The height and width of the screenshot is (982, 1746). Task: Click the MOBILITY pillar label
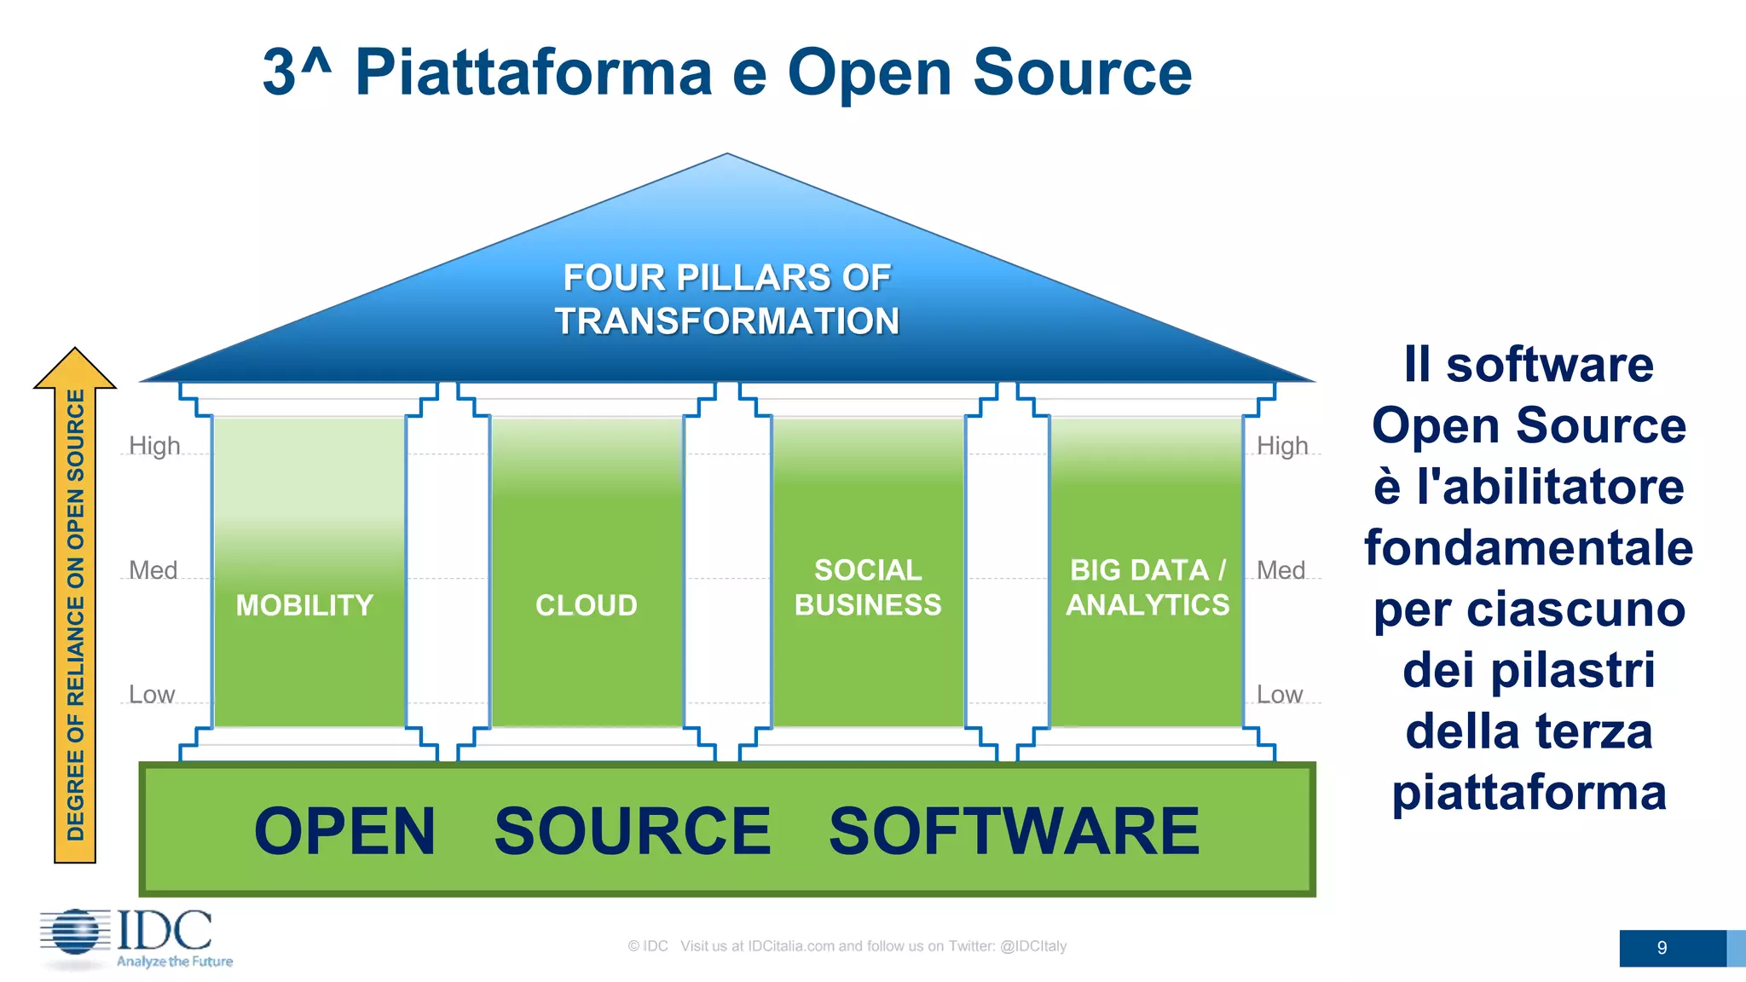pyautogui.click(x=304, y=605)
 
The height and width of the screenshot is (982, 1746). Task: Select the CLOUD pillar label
pyautogui.click(x=586, y=605)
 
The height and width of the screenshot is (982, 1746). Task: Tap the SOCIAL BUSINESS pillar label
pyautogui.click(x=868, y=587)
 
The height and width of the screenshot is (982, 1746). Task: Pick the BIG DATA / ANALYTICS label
pyautogui.click(x=1148, y=587)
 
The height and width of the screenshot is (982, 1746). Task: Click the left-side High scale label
pyautogui.click(x=154, y=446)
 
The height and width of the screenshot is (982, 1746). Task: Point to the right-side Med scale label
pyautogui.click(x=1281, y=570)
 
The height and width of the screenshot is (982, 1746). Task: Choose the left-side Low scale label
pyautogui.click(x=152, y=695)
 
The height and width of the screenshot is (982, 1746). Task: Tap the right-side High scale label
pyautogui.click(x=1282, y=446)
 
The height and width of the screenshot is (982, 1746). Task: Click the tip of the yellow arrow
pyautogui.click(x=75, y=352)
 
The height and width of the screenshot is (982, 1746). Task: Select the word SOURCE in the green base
pyautogui.click(x=632, y=832)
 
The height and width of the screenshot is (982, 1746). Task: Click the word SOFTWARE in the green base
pyautogui.click(x=1014, y=832)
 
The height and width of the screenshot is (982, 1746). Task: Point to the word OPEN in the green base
pyautogui.click(x=344, y=832)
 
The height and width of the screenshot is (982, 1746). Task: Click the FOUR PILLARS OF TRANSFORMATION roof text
pyautogui.click(x=726, y=299)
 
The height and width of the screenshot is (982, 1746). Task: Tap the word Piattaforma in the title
pyautogui.click(x=533, y=72)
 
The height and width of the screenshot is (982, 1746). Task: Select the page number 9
pyautogui.click(x=1662, y=948)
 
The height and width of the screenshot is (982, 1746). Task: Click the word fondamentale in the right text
pyautogui.click(x=1529, y=547)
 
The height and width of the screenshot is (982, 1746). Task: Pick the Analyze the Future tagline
pyautogui.click(x=175, y=962)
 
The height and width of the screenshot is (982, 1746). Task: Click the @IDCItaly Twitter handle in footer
pyautogui.click(x=1033, y=946)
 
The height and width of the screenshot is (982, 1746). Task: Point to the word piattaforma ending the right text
pyautogui.click(x=1529, y=792)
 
